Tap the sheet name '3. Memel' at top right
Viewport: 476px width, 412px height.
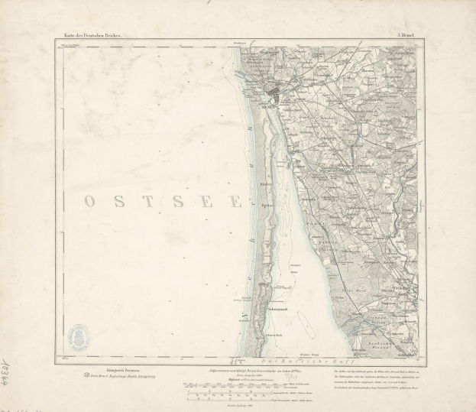click(406, 37)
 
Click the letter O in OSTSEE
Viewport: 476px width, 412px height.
click(89, 201)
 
